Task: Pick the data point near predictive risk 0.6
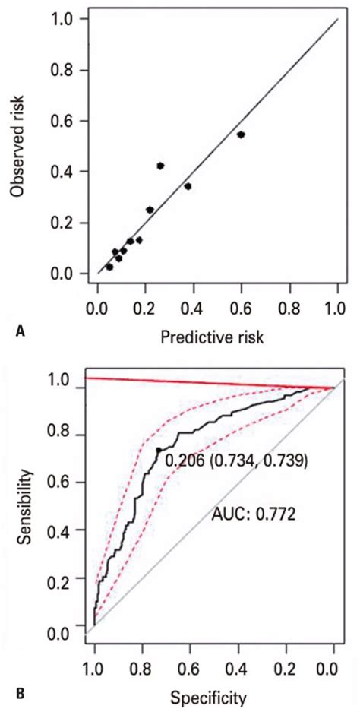point(241,134)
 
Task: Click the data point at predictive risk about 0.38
point(188,185)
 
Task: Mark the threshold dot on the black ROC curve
point(159,450)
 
